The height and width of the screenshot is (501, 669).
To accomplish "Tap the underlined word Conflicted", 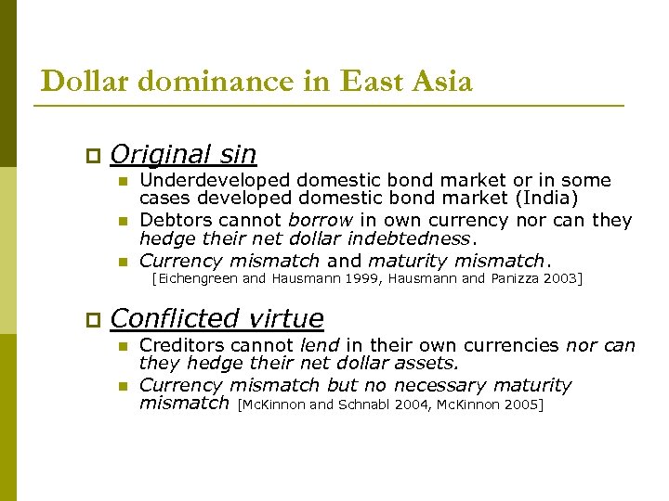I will [x=177, y=319].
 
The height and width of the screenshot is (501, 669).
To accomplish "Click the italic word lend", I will [x=319, y=345].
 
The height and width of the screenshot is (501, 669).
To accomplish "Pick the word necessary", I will [x=436, y=385].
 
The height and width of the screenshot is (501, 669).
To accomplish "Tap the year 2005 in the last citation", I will [x=523, y=405].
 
